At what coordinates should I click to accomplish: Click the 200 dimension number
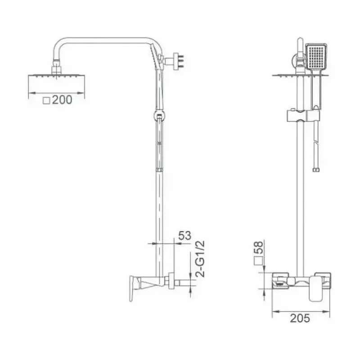pyautogui.click(x=62, y=100)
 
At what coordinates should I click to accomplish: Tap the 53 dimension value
pyautogui.click(x=184, y=235)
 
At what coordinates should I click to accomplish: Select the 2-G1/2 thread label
pyautogui.click(x=200, y=259)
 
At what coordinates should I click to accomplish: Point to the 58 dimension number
pyautogui.click(x=258, y=247)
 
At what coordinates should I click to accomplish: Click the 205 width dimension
pyautogui.click(x=300, y=318)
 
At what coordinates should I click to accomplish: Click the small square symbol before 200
pyautogui.click(x=46, y=100)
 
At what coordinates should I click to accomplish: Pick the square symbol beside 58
pyautogui.click(x=258, y=261)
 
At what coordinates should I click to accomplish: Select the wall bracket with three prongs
pyautogui.click(x=176, y=61)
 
